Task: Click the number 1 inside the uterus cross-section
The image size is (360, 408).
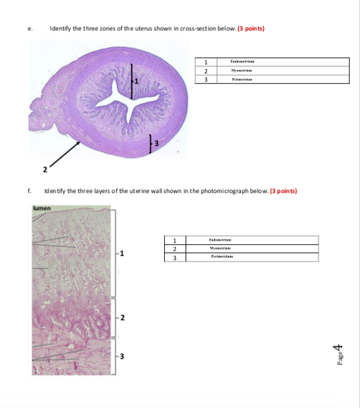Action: point(137,82)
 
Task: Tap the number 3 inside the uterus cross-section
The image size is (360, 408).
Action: point(156,143)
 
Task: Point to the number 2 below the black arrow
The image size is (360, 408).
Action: point(44,169)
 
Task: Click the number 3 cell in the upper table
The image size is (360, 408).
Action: point(206,80)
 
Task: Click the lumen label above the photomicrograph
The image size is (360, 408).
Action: point(41,206)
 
